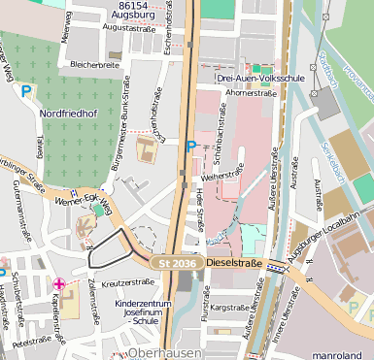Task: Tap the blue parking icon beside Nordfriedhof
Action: coord(26,91)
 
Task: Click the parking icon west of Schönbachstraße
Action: coord(191,147)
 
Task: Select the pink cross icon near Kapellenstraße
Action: coord(59,284)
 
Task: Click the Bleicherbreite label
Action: coord(94,65)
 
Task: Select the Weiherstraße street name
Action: coord(220,175)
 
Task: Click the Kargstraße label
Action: coord(231,307)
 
